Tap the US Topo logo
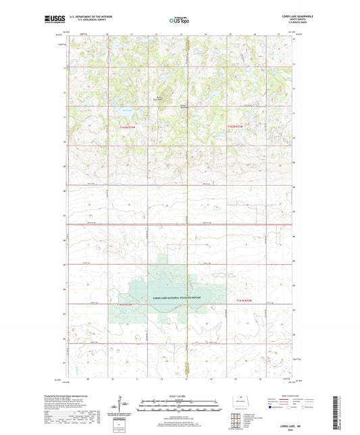[179, 20]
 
